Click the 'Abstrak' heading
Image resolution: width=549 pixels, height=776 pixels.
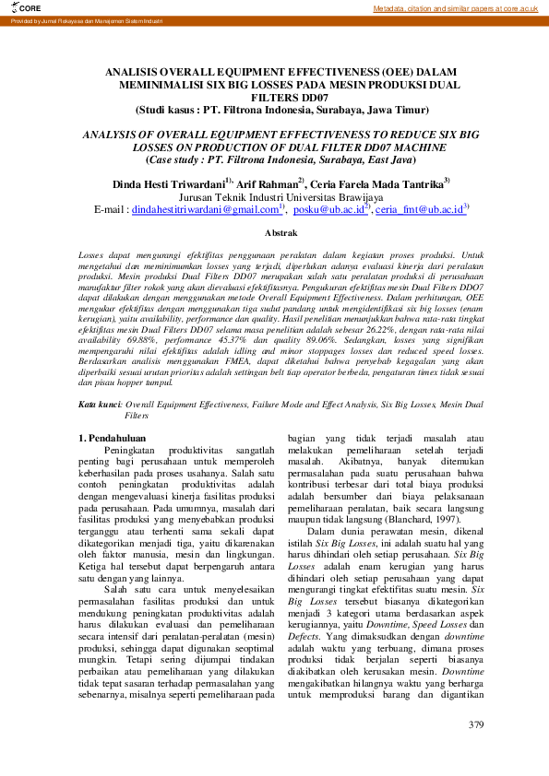click(x=280, y=233)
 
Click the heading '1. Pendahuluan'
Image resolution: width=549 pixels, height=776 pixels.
click(x=116, y=438)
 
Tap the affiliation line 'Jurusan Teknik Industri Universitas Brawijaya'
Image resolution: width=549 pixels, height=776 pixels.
click(x=280, y=196)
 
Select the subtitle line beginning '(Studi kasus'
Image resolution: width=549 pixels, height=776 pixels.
click(x=281, y=109)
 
